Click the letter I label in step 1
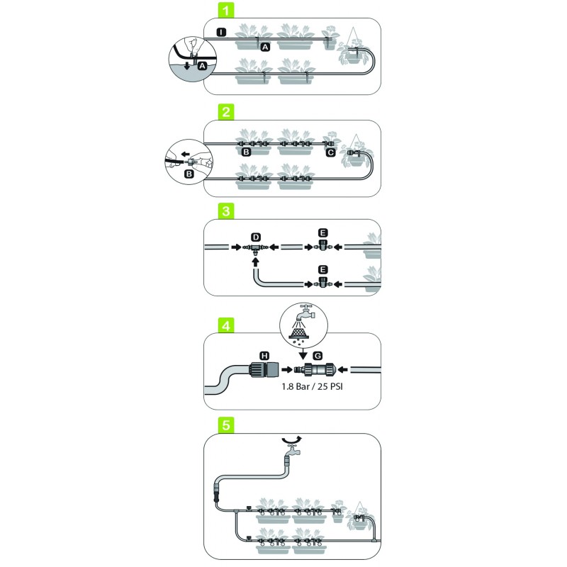[x=221, y=33]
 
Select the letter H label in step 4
[x=264, y=354]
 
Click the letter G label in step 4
[x=317, y=354]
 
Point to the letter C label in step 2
[x=330, y=151]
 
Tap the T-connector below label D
[x=254, y=248]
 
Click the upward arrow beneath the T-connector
[x=254, y=263]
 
